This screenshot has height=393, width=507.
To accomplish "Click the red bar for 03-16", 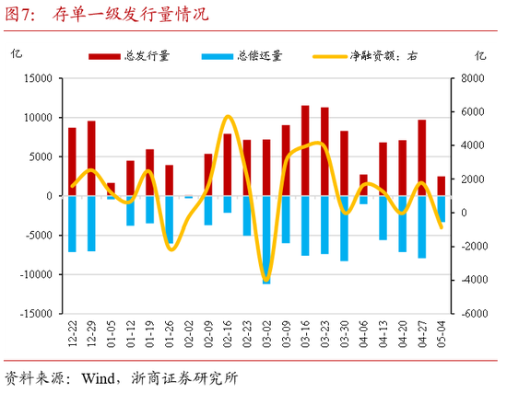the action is point(305,151).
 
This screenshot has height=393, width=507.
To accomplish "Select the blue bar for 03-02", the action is point(266,240).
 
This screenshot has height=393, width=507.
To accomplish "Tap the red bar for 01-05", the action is point(111,190).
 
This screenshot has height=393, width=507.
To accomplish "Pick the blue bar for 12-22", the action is point(72,224).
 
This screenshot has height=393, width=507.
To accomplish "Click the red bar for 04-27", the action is point(422,157).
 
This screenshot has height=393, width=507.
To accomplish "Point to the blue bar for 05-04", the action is point(442,209).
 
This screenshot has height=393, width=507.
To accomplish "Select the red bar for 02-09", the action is point(208,175).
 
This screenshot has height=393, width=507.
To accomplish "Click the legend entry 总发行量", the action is point(129,56).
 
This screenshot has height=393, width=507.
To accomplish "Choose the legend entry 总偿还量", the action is point(242,56).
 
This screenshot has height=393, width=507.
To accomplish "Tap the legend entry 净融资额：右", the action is point(365,56).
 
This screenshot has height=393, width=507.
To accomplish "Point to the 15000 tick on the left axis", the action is point(38,78).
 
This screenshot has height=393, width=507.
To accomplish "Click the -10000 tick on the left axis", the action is point(36,274).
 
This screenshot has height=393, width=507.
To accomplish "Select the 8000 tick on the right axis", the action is point(473,78).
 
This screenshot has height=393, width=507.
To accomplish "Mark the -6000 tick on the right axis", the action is point(475,313).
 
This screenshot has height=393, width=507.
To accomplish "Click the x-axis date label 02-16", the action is point(228,334).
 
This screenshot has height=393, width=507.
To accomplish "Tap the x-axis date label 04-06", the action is point(363,334).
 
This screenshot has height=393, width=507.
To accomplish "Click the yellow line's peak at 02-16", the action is point(228,116).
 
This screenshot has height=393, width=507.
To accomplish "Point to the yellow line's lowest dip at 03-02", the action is point(266,281).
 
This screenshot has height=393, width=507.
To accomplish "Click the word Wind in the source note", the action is point(98,378).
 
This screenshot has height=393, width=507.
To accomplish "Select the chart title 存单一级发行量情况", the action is point(131,14).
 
